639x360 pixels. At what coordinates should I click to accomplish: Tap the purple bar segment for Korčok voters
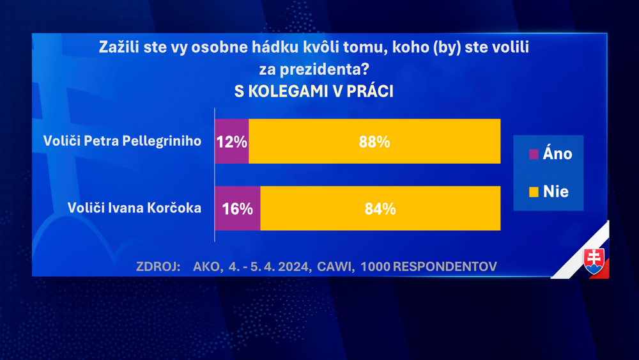pyautogui.click(x=237, y=220)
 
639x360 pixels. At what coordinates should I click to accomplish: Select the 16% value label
pyautogui.click(x=238, y=208)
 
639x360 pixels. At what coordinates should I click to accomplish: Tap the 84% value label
pyautogui.click(x=380, y=208)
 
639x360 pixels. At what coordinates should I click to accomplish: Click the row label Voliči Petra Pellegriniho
pyautogui.click(x=121, y=141)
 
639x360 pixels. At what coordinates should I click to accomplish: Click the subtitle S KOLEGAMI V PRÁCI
pyautogui.click(x=314, y=91)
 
